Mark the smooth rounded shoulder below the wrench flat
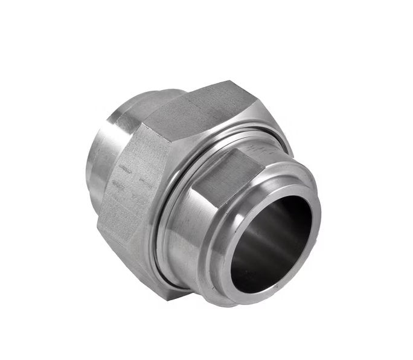coord(199,242)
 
